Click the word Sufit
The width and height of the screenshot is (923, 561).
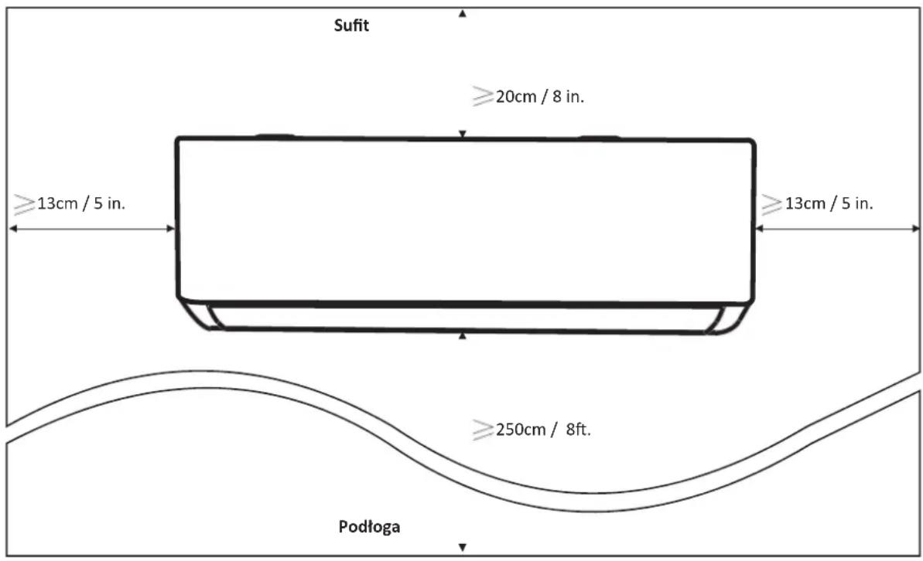[351, 25]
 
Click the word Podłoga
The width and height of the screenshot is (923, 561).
[369, 526]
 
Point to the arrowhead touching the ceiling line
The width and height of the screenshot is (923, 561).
[463, 13]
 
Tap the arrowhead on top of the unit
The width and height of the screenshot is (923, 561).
[463, 134]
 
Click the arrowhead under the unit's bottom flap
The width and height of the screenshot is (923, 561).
[463, 336]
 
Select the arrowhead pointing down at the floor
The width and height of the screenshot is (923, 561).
[463, 547]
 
